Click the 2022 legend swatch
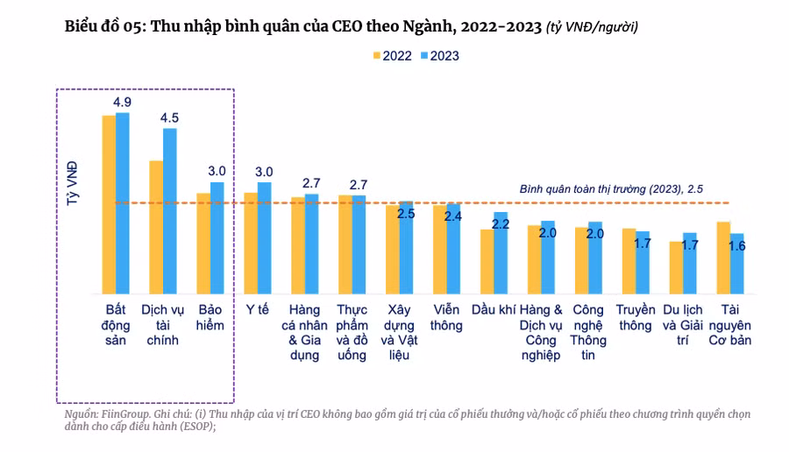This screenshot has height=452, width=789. pos(377,55)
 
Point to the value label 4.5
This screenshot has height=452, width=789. pos(169,117)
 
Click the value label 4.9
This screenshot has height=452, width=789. pos(122,102)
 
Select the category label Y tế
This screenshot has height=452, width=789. pos(257,309)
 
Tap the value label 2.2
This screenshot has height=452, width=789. pos(501,224)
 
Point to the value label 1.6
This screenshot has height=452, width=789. pos(737,246)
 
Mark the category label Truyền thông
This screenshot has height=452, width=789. pos(636,317)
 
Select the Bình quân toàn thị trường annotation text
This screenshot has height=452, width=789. pos(611,188)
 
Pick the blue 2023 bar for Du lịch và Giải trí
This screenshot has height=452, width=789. pos(690,263)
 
